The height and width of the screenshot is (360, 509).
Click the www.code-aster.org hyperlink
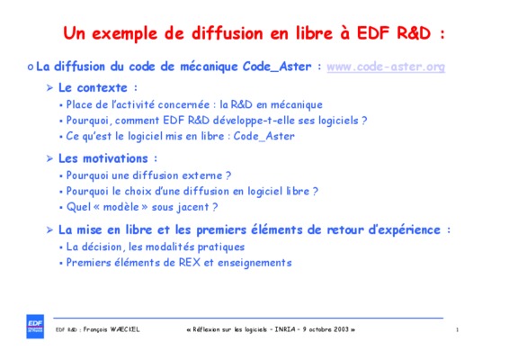386,67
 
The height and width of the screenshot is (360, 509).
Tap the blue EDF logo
35,326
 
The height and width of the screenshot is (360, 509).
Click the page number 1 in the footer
457,329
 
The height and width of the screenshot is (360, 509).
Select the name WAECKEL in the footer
125,329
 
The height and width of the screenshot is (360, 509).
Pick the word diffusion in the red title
228,33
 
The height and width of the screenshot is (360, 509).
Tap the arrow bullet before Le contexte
49,87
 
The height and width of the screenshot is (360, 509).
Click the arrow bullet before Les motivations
49,158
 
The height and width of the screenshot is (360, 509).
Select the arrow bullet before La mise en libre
49,230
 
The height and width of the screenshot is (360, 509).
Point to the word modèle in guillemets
121,207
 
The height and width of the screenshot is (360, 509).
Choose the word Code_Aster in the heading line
277,67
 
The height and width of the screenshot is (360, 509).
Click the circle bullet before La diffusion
31,67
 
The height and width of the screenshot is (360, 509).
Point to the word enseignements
254,263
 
